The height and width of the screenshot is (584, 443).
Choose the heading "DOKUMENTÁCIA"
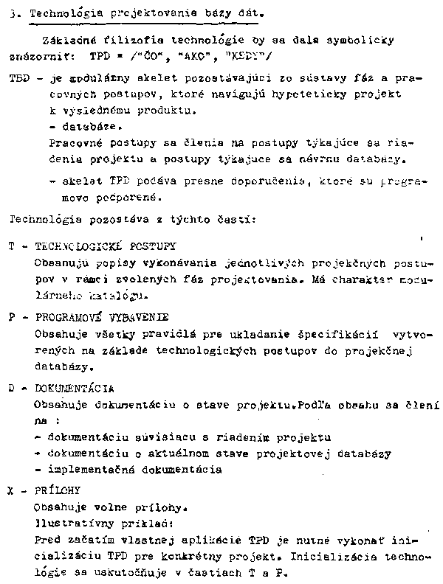coord(74,388)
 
